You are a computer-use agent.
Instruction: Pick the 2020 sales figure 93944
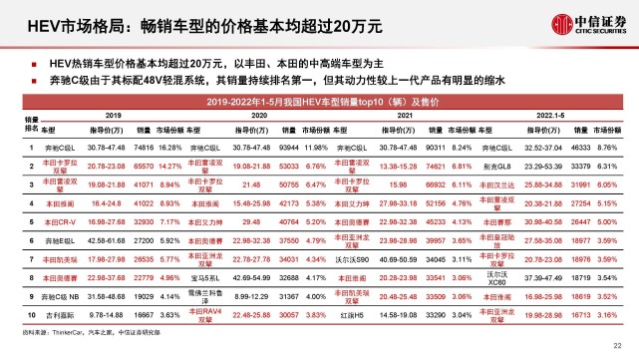coord(291,146)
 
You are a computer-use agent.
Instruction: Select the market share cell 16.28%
coord(172,146)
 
